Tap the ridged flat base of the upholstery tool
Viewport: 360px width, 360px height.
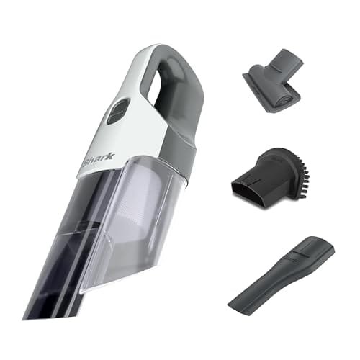pos(274,90)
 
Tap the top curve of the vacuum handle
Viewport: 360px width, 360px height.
pos(169,50)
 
